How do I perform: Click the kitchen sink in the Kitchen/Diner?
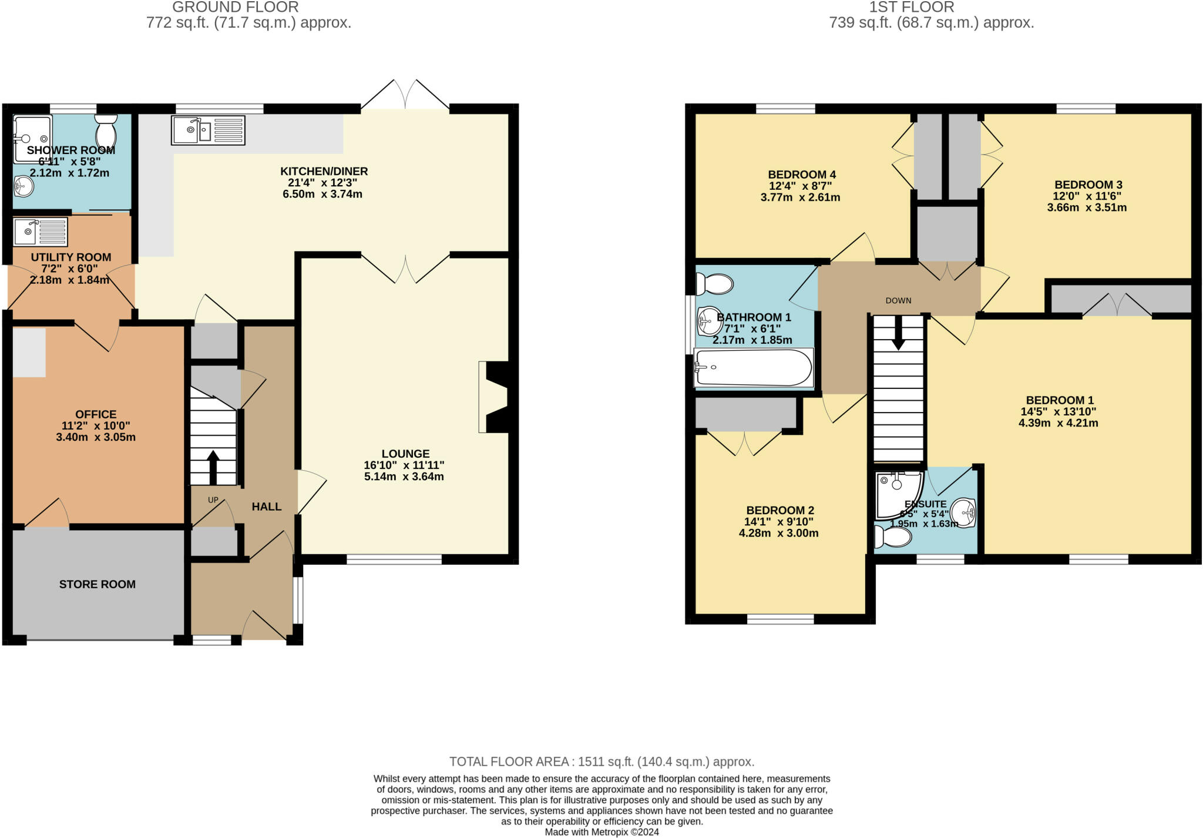pyautogui.click(x=208, y=130)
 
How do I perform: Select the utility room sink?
pyautogui.click(x=41, y=232)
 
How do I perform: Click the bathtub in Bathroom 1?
pyautogui.click(x=754, y=368)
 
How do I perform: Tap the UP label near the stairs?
pyautogui.click(x=213, y=500)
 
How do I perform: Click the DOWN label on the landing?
pyautogui.click(x=898, y=301)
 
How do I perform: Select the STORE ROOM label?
pyautogui.click(x=98, y=584)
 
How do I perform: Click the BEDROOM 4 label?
pyautogui.click(x=801, y=175)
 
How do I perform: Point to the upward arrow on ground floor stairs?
pyautogui.click(x=213, y=467)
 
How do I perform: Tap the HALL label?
pyautogui.click(x=266, y=507)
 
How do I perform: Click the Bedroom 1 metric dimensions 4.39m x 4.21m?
pyautogui.click(x=1057, y=423)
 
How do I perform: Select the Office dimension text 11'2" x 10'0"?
pyautogui.click(x=96, y=426)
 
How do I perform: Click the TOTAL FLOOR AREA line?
pyautogui.click(x=601, y=762)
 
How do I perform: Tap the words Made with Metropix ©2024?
pyautogui.click(x=601, y=832)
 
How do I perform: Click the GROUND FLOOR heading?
pyautogui.click(x=235, y=7)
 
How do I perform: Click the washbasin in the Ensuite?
pyautogui.click(x=963, y=512)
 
